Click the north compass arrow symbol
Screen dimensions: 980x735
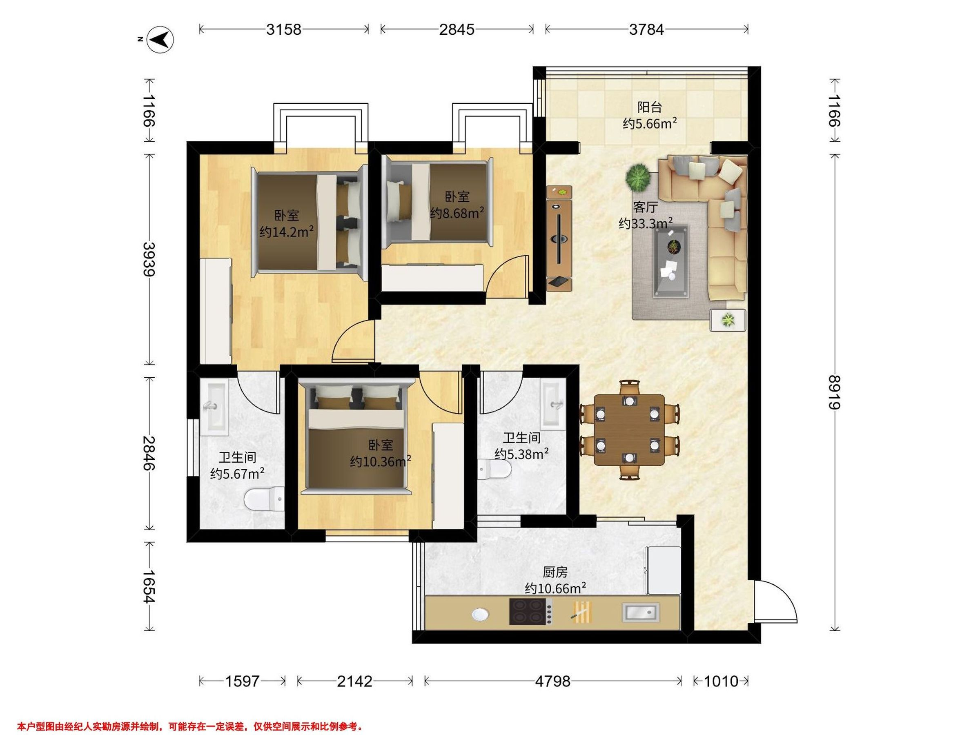click(160, 40)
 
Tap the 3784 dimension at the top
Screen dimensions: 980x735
click(646, 30)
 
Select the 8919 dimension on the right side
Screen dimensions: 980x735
click(835, 392)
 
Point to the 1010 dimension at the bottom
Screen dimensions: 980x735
click(721, 681)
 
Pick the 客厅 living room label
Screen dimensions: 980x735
click(645, 207)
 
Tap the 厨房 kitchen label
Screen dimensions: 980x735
click(555, 572)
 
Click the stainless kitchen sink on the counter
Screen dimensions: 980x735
click(641, 612)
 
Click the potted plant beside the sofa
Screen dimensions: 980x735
click(638, 176)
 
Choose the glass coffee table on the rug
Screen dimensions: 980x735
click(671, 261)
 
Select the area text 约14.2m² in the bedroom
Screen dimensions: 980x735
click(287, 232)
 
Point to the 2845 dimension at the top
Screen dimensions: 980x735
click(457, 30)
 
